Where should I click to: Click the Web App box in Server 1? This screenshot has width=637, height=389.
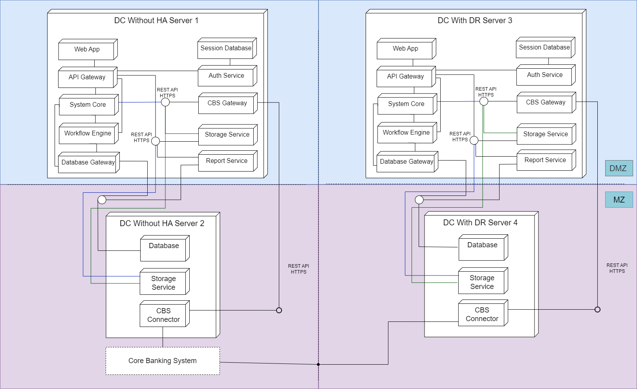click(x=88, y=49)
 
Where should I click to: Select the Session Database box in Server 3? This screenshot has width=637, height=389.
click(x=546, y=48)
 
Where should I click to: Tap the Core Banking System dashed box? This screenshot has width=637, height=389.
click(x=163, y=361)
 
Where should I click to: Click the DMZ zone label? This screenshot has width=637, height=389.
click(x=619, y=168)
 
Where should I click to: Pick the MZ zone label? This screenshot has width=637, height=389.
click(x=619, y=199)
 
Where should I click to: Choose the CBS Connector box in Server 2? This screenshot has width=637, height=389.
click(x=165, y=314)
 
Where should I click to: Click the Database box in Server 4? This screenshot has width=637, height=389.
click(x=483, y=247)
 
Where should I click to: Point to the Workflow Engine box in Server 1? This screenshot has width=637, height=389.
click(x=88, y=133)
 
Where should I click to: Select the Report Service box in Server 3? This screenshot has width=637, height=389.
click(x=546, y=160)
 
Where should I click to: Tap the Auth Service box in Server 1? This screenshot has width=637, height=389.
click(x=227, y=76)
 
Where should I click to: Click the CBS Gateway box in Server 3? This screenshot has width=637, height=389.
click(x=546, y=102)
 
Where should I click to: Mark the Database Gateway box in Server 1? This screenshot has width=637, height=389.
click(x=89, y=163)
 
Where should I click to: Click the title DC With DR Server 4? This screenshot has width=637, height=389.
click(x=480, y=223)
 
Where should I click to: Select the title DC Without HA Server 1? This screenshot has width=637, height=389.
click(x=156, y=20)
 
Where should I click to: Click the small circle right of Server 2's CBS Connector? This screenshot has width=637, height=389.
click(x=279, y=310)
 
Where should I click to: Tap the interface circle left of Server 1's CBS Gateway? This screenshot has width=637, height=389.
click(x=165, y=102)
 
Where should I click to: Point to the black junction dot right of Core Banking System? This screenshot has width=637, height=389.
click(x=318, y=364)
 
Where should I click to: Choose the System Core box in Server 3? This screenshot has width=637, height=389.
click(x=407, y=104)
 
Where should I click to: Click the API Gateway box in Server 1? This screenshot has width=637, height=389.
click(x=88, y=77)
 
